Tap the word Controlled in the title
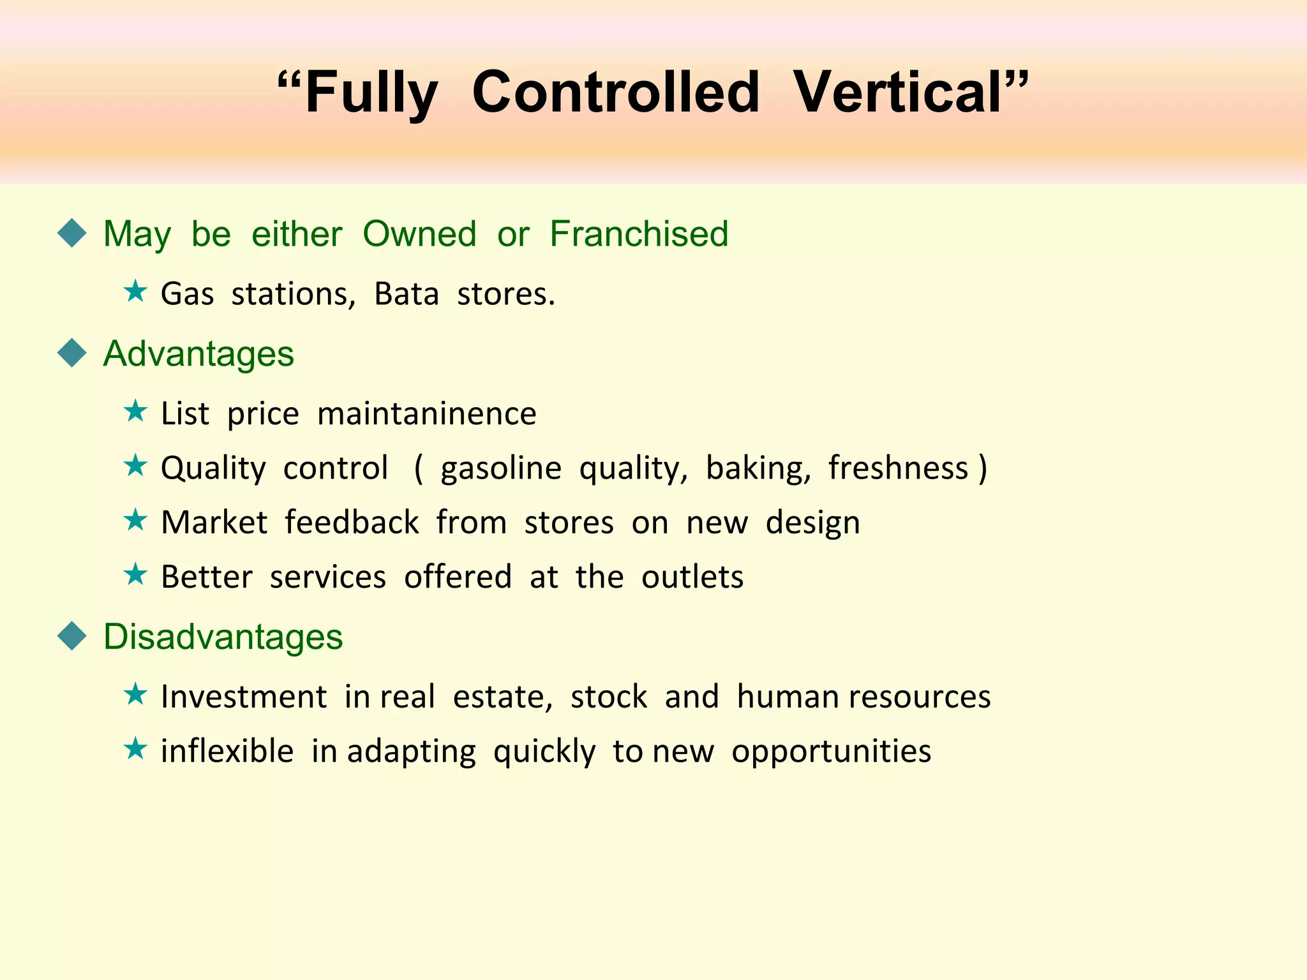[x=616, y=93]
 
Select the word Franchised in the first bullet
[x=639, y=234]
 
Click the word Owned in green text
[x=419, y=234]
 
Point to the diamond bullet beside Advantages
[x=71, y=353]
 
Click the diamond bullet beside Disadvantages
[x=71, y=636]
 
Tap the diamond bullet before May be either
[x=71, y=233]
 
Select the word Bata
[x=407, y=294]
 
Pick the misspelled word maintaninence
[x=426, y=413]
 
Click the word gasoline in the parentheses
[x=500, y=468]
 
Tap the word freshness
[x=898, y=468]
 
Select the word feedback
[x=352, y=522]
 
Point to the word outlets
[x=692, y=577]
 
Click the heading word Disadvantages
[x=223, y=637]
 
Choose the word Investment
[x=244, y=696]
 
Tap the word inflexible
[x=227, y=750]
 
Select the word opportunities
[x=831, y=752]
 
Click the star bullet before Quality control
[x=135, y=466]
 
